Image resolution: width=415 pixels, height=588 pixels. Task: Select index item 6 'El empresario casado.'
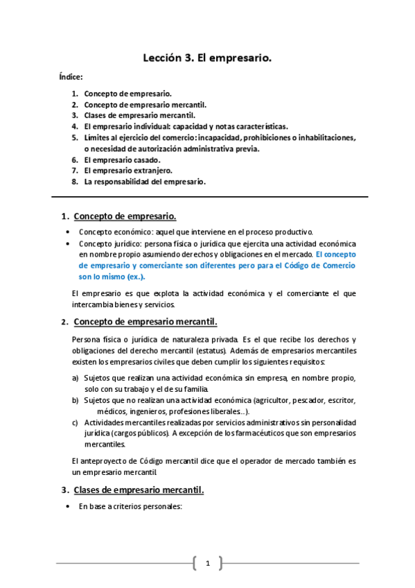(122, 159)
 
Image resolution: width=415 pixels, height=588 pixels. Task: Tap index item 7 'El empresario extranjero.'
(128, 171)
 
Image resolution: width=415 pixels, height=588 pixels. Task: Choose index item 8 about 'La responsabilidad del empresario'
(145, 182)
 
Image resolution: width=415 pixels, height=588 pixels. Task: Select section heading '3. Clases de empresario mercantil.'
(139, 490)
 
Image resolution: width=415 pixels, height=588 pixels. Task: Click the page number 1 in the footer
(207, 563)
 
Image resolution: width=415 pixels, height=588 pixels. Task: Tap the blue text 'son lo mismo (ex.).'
(112, 276)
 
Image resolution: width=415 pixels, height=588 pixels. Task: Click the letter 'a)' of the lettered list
(76, 378)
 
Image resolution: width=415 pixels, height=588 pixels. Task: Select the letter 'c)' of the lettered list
(76, 422)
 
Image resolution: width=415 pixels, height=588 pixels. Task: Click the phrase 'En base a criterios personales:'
(130, 506)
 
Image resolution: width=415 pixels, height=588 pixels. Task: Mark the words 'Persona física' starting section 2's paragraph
(94, 339)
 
